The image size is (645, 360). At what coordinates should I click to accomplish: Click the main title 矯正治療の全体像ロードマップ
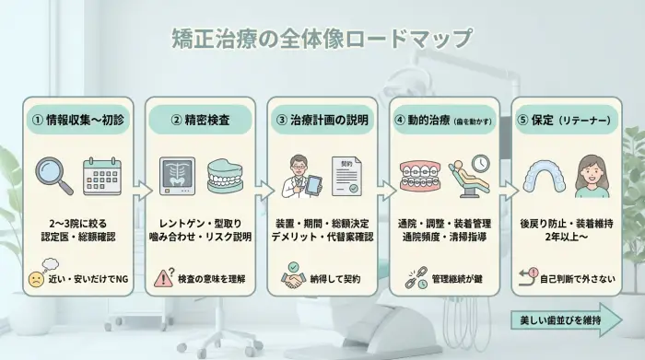[322, 40]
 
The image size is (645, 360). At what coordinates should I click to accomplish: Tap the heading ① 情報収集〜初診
[76, 120]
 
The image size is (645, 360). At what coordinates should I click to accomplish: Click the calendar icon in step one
[101, 175]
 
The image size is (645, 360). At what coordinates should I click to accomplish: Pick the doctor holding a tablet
[298, 175]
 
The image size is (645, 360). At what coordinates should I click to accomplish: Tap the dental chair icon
[469, 175]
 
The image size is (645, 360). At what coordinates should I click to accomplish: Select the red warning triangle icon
[166, 276]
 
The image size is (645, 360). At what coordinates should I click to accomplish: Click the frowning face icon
[36, 277]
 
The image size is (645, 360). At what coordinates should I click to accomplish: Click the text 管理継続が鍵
[456, 277]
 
